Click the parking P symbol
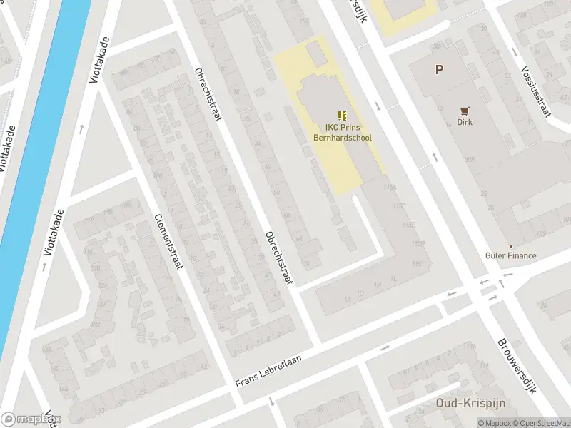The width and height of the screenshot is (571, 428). [440, 70]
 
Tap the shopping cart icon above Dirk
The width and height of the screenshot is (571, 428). [465, 111]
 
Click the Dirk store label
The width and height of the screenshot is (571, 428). [465, 122]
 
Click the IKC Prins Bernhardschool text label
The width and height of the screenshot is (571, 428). [344, 133]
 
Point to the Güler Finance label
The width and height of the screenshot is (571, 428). [510, 255]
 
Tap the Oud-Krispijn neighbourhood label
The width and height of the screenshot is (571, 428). [470, 403]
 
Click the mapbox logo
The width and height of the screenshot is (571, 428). [31, 419]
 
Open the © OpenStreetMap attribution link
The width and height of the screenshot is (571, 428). [542, 423]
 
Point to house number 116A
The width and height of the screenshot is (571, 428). [389, 187]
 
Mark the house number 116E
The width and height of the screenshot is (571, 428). [408, 225]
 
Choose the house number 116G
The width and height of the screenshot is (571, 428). [418, 244]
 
